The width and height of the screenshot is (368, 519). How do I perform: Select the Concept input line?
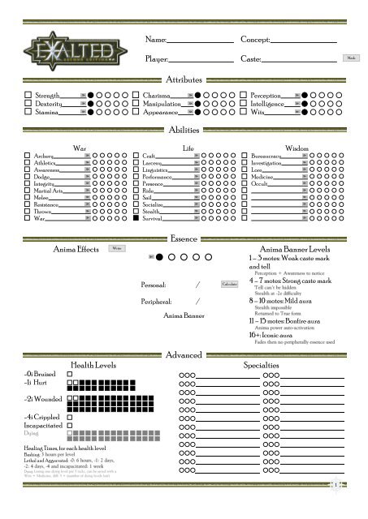pos(303,41)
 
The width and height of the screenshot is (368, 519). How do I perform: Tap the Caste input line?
pos(299,60)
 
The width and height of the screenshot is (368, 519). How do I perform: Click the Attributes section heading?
pos(184,79)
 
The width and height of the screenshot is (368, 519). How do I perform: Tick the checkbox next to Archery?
pos(28,156)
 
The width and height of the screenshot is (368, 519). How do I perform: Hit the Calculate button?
pos(229,285)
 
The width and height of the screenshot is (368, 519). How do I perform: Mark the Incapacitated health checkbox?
pos(70,425)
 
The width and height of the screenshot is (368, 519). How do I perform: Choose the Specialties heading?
pos(262,366)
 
